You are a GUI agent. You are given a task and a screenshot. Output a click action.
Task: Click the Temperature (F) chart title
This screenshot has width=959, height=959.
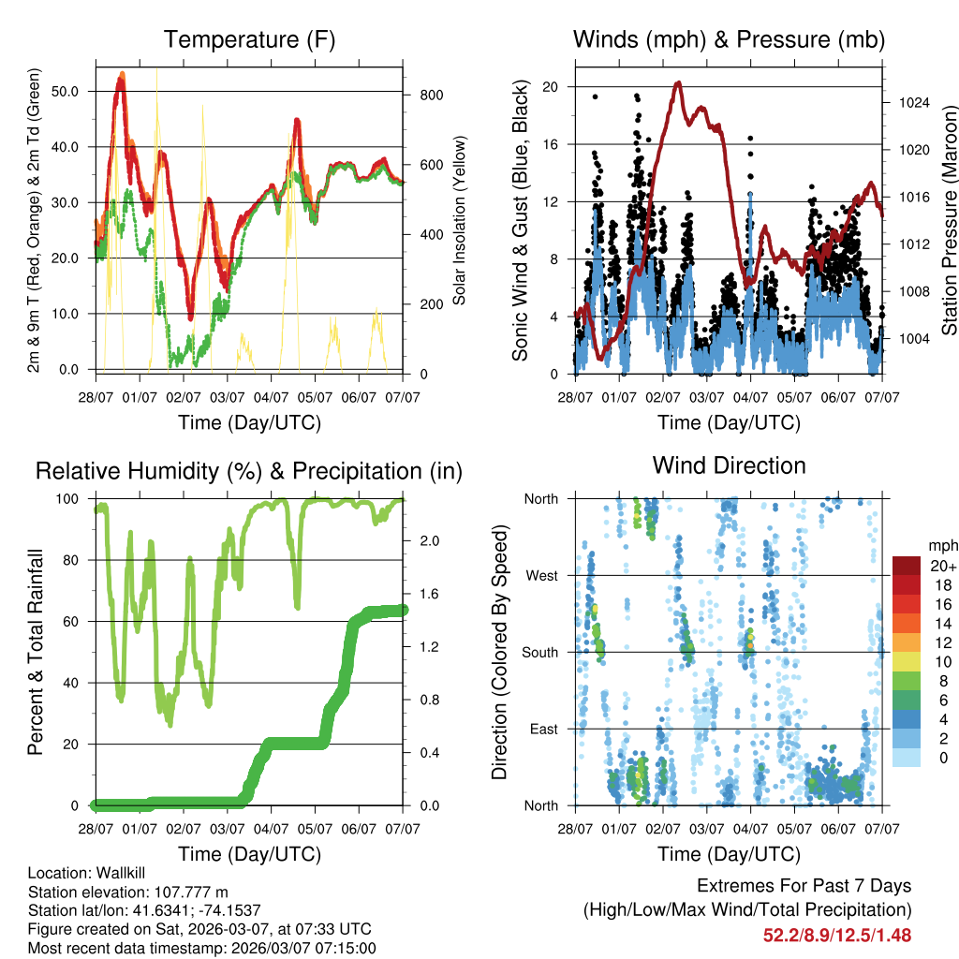click(249, 39)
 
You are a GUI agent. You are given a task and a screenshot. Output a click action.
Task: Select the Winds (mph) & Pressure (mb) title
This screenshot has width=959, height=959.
click(729, 39)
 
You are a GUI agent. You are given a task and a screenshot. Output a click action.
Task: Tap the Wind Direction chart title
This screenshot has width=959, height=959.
click(729, 465)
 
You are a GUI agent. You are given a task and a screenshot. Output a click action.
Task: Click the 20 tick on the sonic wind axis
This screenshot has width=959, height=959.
click(552, 87)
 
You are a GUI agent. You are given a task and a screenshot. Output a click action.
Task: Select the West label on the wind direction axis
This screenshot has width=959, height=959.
click(541, 575)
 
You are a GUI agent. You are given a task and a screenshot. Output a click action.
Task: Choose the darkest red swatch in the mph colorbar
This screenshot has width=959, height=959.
click(907, 566)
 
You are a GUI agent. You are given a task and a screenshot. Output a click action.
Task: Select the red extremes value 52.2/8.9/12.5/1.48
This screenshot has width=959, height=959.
click(837, 935)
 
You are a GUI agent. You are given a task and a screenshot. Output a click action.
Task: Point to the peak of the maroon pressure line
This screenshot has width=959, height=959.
click(677, 82)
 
